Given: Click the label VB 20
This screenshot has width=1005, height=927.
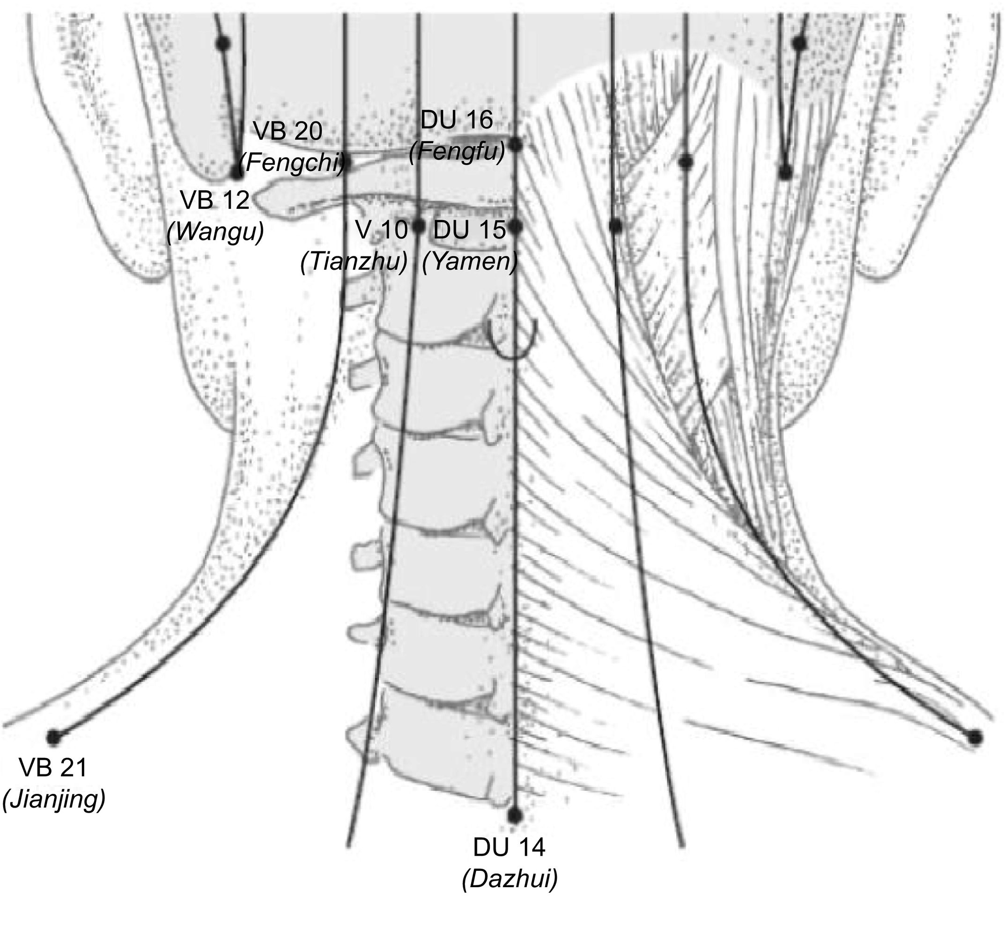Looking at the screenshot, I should point(288,132).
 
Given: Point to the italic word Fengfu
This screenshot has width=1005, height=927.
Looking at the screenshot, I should point(457,151).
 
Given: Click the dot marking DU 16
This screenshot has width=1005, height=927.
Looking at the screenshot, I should point(516,145).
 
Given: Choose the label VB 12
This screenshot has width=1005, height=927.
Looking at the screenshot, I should point(214,200).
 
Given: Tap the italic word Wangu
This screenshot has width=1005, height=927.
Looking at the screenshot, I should point(215,232).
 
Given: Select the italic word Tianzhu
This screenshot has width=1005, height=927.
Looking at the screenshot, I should point(354,261).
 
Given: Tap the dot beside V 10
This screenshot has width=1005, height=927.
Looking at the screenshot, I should point(419,227).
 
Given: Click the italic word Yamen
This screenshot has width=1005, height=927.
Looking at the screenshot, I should point(470,261).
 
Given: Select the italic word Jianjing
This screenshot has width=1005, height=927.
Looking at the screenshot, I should point(54,799).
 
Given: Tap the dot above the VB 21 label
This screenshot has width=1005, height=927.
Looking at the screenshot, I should point(53,737).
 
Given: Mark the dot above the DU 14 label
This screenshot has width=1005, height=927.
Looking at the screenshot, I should point(514,816).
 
